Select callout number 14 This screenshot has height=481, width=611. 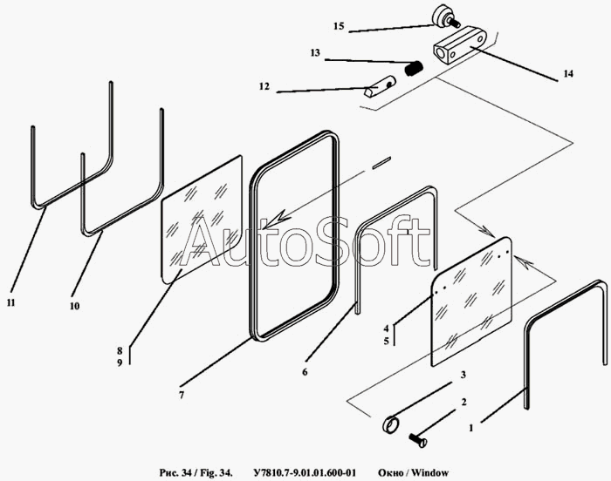coord(568,75)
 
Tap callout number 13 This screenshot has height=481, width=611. coord(315,53)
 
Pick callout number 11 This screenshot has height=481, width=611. coord(10,302)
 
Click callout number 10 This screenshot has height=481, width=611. coord(74,306)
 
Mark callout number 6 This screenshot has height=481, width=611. coord(305,372)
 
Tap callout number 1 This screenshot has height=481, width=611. coord(470,428)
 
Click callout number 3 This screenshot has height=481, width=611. coord(463,374)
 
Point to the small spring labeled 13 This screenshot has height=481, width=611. coord(416,66)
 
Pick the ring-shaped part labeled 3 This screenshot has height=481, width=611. coord(392,425)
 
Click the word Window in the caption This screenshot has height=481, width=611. coord(430,473)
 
